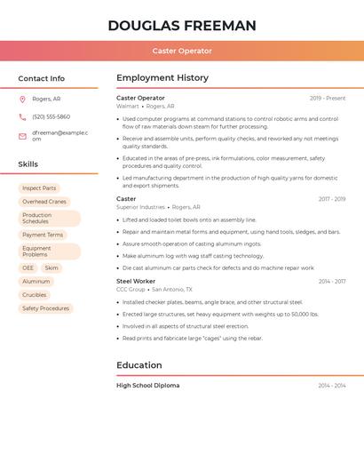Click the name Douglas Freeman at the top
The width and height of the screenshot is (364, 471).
(182, 25)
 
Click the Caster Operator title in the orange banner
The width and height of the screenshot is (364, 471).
(182, 51)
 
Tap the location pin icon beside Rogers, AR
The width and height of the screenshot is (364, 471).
(22, 99)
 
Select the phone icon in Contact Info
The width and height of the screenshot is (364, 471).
(22, 116)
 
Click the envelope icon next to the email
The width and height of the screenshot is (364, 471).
(22, 136)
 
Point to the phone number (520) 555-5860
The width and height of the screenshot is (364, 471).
(51, 116)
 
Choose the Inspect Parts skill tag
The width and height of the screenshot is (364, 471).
(39, 188)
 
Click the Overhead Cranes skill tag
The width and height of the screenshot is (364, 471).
(44, 202)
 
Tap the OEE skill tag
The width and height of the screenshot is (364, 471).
(28, 267)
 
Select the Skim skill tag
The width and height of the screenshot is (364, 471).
(51, 267)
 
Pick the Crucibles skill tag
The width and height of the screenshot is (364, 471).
(35, 295)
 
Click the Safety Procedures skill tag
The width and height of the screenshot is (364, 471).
(45, 308)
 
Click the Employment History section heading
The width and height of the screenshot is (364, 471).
(162, 78)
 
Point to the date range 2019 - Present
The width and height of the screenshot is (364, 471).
(328, 98)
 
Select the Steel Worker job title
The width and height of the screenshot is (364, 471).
(136, 281)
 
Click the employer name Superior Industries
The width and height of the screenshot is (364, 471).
(140, 207)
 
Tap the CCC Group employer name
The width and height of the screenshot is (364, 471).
(131, 289)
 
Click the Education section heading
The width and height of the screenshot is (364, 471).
(139, 365)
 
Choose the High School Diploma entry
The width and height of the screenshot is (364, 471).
(147, 386)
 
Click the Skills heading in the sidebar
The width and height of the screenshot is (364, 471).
(28, 164)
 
